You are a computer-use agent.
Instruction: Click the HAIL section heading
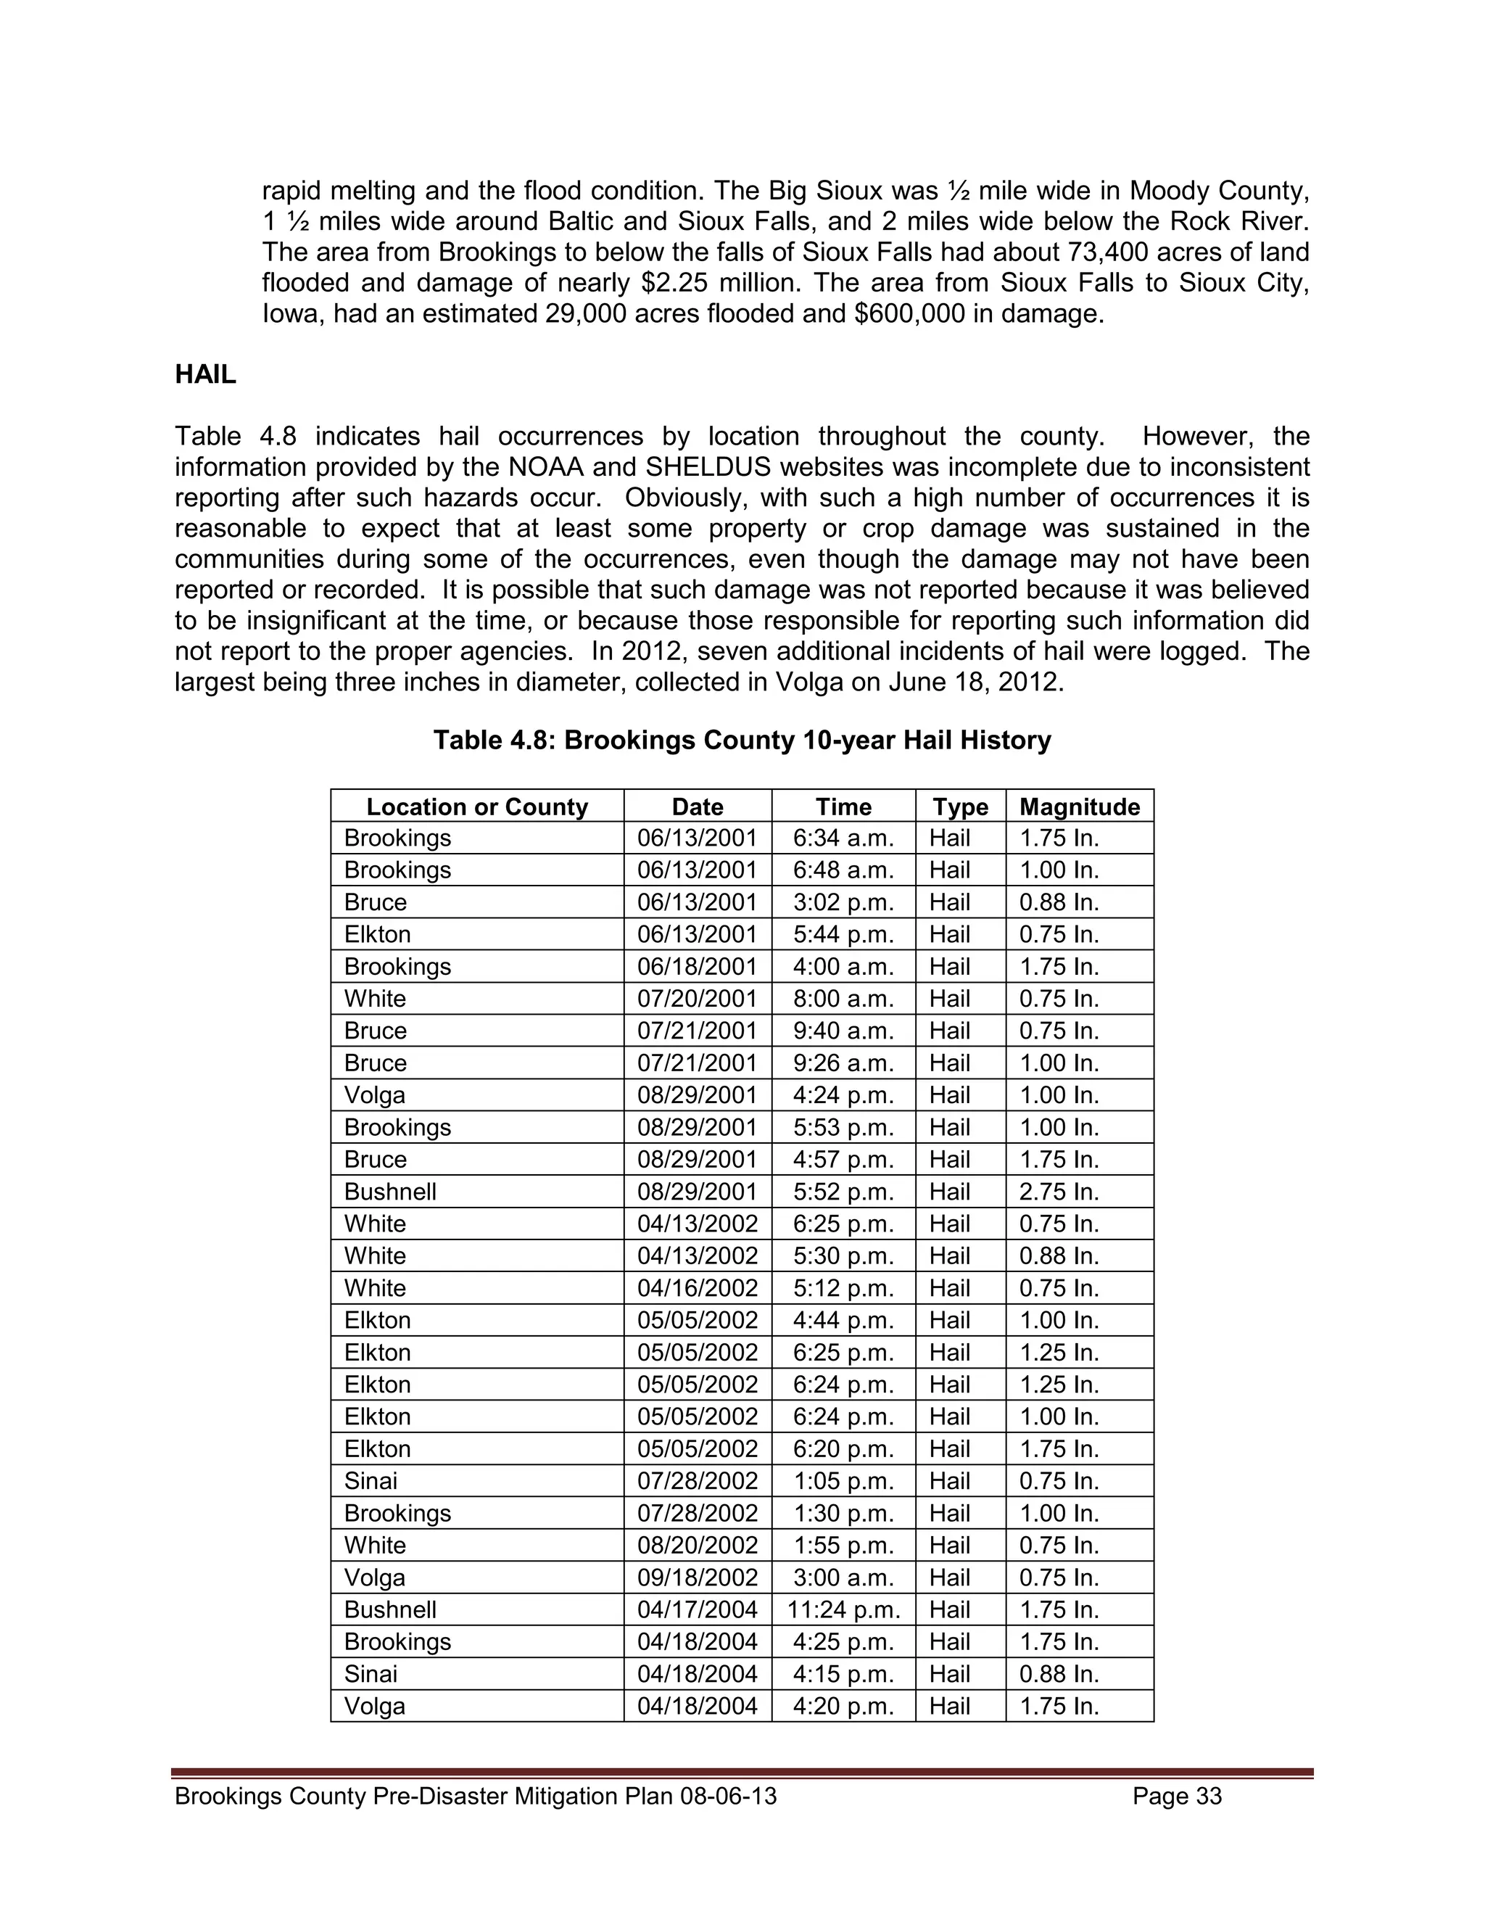coord(205,374)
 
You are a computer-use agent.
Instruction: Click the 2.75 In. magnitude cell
coord(1059,1192)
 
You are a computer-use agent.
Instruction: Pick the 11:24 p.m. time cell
coord(843,1609)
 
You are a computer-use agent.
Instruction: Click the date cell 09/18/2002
coord(697,1577)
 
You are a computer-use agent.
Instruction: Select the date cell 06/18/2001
coord(697,966)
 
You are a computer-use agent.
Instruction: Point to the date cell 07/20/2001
coord(697,999)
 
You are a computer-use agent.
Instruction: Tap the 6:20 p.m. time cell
coord(843,1448)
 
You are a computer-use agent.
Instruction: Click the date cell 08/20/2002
coord(697,1546)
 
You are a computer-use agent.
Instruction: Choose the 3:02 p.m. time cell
coord(843,902)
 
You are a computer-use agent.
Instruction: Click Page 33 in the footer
coord(1177,1796)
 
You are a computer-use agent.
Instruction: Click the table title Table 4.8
coord(742,740)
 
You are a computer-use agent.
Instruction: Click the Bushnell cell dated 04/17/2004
coord(389,1609)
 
